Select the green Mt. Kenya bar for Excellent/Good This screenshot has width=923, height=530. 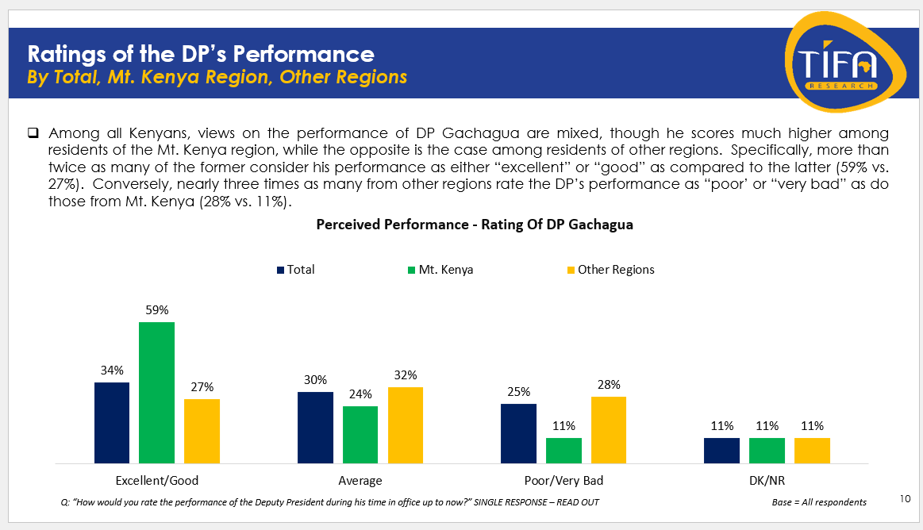pyautogui.click(x=156, y=392)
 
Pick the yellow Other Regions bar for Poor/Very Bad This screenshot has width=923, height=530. pyautogui.click(x=608, y=429)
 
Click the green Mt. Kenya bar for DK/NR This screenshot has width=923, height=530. pyautogui.click(x=767, y=450)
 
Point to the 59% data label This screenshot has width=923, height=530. pyautogui.click(x=156, y=309)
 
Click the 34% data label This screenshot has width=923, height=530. pyautogui.click(x=112, y=370)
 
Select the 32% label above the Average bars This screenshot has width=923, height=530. pyautogui.click(x=406, y=374)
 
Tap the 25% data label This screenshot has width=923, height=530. pyautogui.click(x=518, y=391)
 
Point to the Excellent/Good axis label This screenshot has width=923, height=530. pyautogui.click(x=157, y=481)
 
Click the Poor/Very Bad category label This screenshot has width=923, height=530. pyautogui.click(x=563, y=481)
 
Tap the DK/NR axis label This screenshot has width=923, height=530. pyautogui.click(x=767, y=481)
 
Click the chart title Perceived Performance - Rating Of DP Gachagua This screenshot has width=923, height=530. pyautogui.click(x=475, y=225)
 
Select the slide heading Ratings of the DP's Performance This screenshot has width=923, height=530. pyautogui.click(x=201, y=54)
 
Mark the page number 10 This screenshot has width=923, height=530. pyautogui.click(x=906, y=498)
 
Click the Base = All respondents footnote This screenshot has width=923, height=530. pyautogui.click(x=819, y=502)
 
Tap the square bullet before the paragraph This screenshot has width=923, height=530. pyautogui.click(x=33, y=132)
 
